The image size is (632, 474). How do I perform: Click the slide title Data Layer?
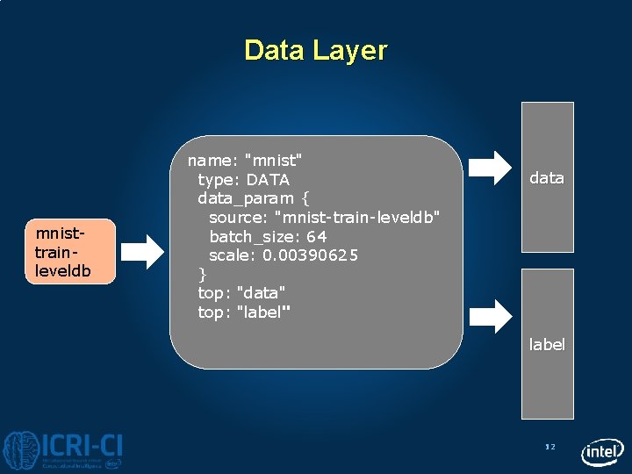(315, 50)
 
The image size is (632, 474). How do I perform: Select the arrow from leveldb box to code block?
(142, 252)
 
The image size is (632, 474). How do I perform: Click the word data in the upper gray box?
(546, 178)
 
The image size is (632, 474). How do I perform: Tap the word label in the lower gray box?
(547, 345)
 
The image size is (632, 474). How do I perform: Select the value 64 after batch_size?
(317, 237)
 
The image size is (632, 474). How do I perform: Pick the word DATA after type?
(268, 180)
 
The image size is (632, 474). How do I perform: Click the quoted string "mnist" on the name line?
(274, 161)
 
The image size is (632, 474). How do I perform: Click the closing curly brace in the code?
(203, 274)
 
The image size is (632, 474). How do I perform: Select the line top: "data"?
(242, 292)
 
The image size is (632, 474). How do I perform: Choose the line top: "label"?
(245, 312)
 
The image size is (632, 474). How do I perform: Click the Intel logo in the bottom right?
(602, 451)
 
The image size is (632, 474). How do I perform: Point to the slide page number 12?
(550, 448)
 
